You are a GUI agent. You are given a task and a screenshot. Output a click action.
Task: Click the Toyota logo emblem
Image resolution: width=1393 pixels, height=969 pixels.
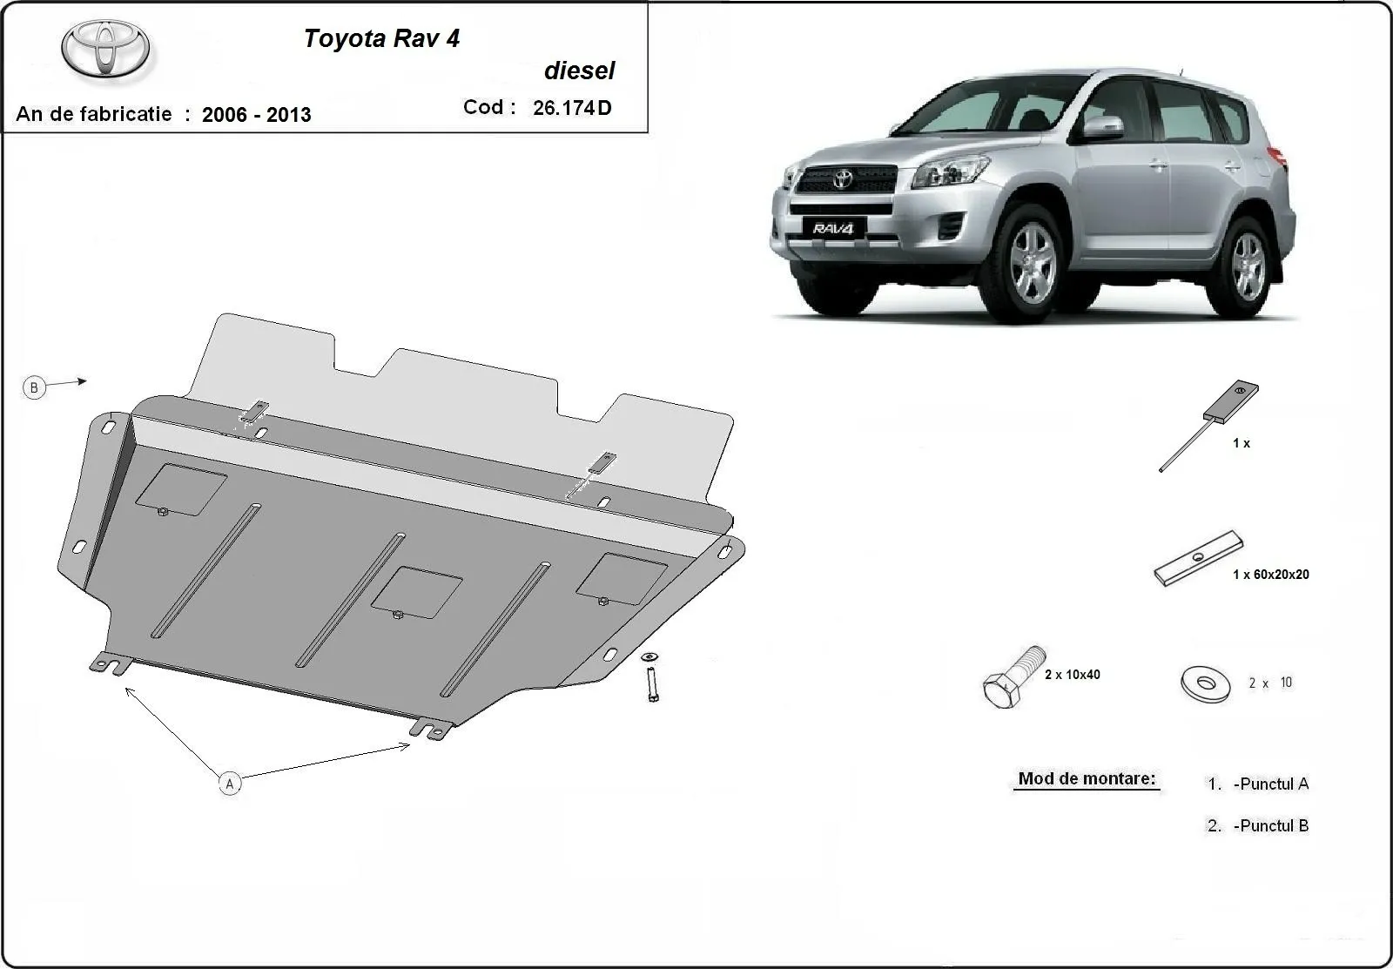[105, 48]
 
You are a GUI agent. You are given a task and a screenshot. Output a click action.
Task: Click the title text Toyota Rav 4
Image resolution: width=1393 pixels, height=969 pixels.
[381, 38]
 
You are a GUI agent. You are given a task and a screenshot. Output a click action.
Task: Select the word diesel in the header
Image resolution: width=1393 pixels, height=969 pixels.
[579, 71]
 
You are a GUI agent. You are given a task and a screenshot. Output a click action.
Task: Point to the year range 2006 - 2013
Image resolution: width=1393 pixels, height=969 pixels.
[256, 115]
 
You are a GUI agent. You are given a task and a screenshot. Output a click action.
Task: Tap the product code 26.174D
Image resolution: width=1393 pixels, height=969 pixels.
[572, 108]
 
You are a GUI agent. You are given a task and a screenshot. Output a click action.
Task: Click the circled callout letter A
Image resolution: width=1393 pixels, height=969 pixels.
[230, 784]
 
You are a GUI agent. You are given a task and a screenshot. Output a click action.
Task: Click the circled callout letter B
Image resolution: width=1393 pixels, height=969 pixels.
[34, 387]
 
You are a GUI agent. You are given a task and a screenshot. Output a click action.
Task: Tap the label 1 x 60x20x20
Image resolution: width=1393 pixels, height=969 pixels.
[1270, 575]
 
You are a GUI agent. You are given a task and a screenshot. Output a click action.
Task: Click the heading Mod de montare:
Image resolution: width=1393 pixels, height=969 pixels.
[1087, 778]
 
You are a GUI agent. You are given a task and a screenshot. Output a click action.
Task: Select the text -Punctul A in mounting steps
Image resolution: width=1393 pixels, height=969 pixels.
[1270, 784]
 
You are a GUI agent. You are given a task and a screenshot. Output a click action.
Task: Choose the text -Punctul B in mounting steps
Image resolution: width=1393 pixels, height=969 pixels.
[1270, 825]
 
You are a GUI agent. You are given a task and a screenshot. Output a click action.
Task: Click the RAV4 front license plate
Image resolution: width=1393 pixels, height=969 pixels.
[834, 229]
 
